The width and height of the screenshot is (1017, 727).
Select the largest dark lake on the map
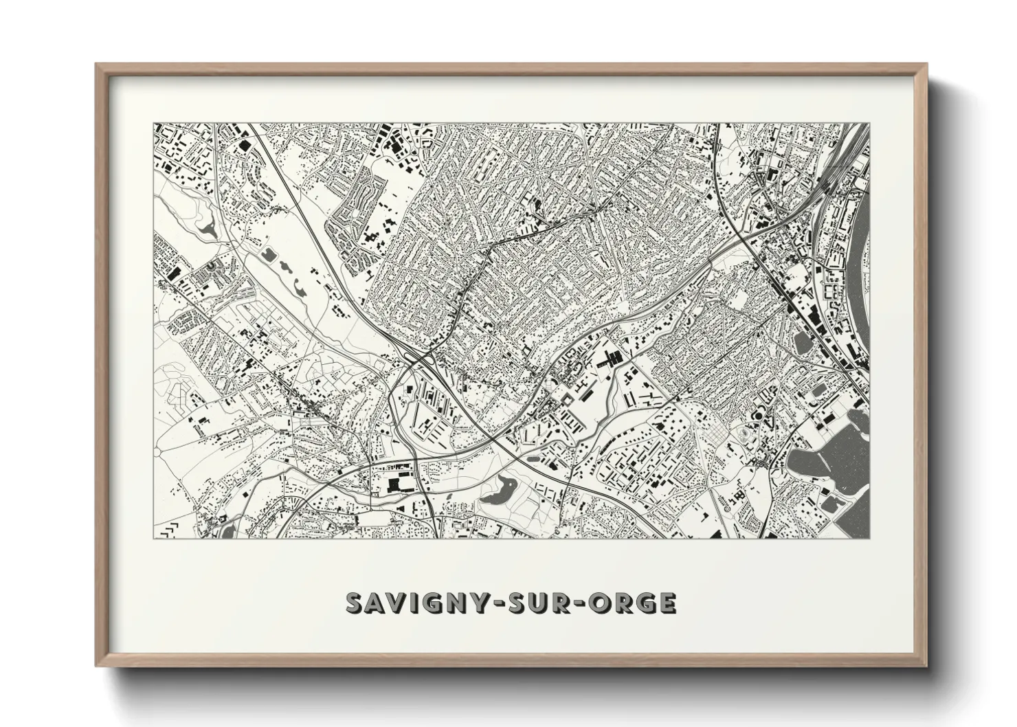828,454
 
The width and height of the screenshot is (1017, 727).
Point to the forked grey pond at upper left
206,226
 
